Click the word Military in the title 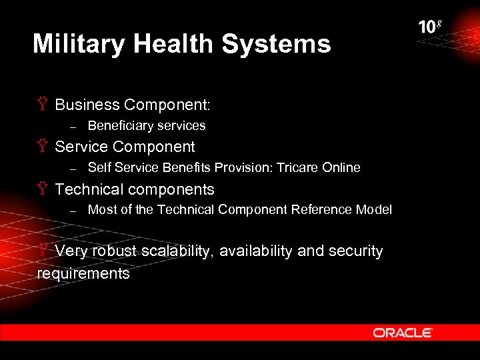coord(79,44)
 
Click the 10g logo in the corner coord(430,27)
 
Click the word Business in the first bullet coord(87,105)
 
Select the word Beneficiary coord(117,125)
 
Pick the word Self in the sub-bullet coord(99,167)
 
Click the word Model coord(375,209)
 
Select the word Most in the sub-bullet coord(100,209)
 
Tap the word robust coord(115,251)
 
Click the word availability coord(255,251)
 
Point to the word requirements coord(83,273)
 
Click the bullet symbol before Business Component coord(42,105)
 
